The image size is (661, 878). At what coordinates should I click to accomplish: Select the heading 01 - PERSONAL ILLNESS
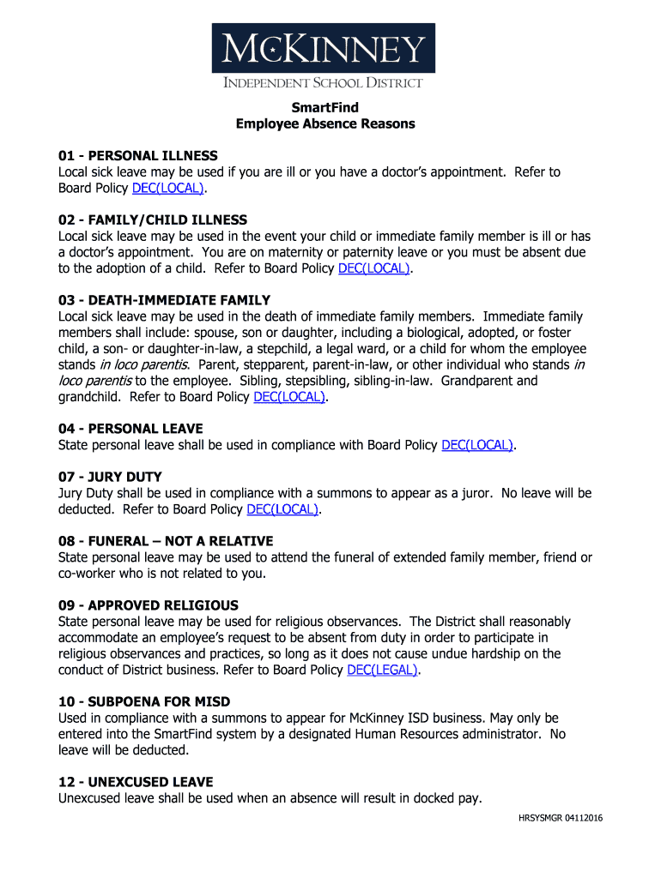tap(137, 156)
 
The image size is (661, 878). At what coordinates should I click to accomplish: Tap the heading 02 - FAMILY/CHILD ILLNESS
tap(152, 220)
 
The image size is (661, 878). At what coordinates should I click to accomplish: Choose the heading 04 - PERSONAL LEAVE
tap(130, 429)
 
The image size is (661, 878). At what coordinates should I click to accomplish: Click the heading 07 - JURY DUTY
tap(110, 477)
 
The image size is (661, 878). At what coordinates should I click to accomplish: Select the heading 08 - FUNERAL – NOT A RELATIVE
tap(166, 541)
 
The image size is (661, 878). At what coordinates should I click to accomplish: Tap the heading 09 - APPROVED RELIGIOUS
tap(148, 605)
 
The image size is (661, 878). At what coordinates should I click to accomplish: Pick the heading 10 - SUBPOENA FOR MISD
tap(144, 701)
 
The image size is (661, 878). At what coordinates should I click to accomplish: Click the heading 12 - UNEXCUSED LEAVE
tap(136, 782)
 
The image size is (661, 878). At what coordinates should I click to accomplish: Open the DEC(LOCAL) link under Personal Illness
tap(168, 188)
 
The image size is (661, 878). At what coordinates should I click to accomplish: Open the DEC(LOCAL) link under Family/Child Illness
tap(374, 268)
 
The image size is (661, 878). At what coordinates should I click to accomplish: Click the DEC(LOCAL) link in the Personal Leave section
tap(477, 445)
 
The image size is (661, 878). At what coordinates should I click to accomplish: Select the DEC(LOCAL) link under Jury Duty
tap(282, 509)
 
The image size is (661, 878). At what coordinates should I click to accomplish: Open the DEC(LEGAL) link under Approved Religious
tap(382, 670)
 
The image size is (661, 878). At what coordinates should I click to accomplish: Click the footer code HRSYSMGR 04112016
tap(560, 818)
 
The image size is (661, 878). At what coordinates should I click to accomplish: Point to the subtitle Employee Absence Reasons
tap(325, 123)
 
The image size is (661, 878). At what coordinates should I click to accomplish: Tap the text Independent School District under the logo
tap(324, 83)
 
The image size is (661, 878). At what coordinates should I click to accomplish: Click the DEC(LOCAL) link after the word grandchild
tap(289, 397)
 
